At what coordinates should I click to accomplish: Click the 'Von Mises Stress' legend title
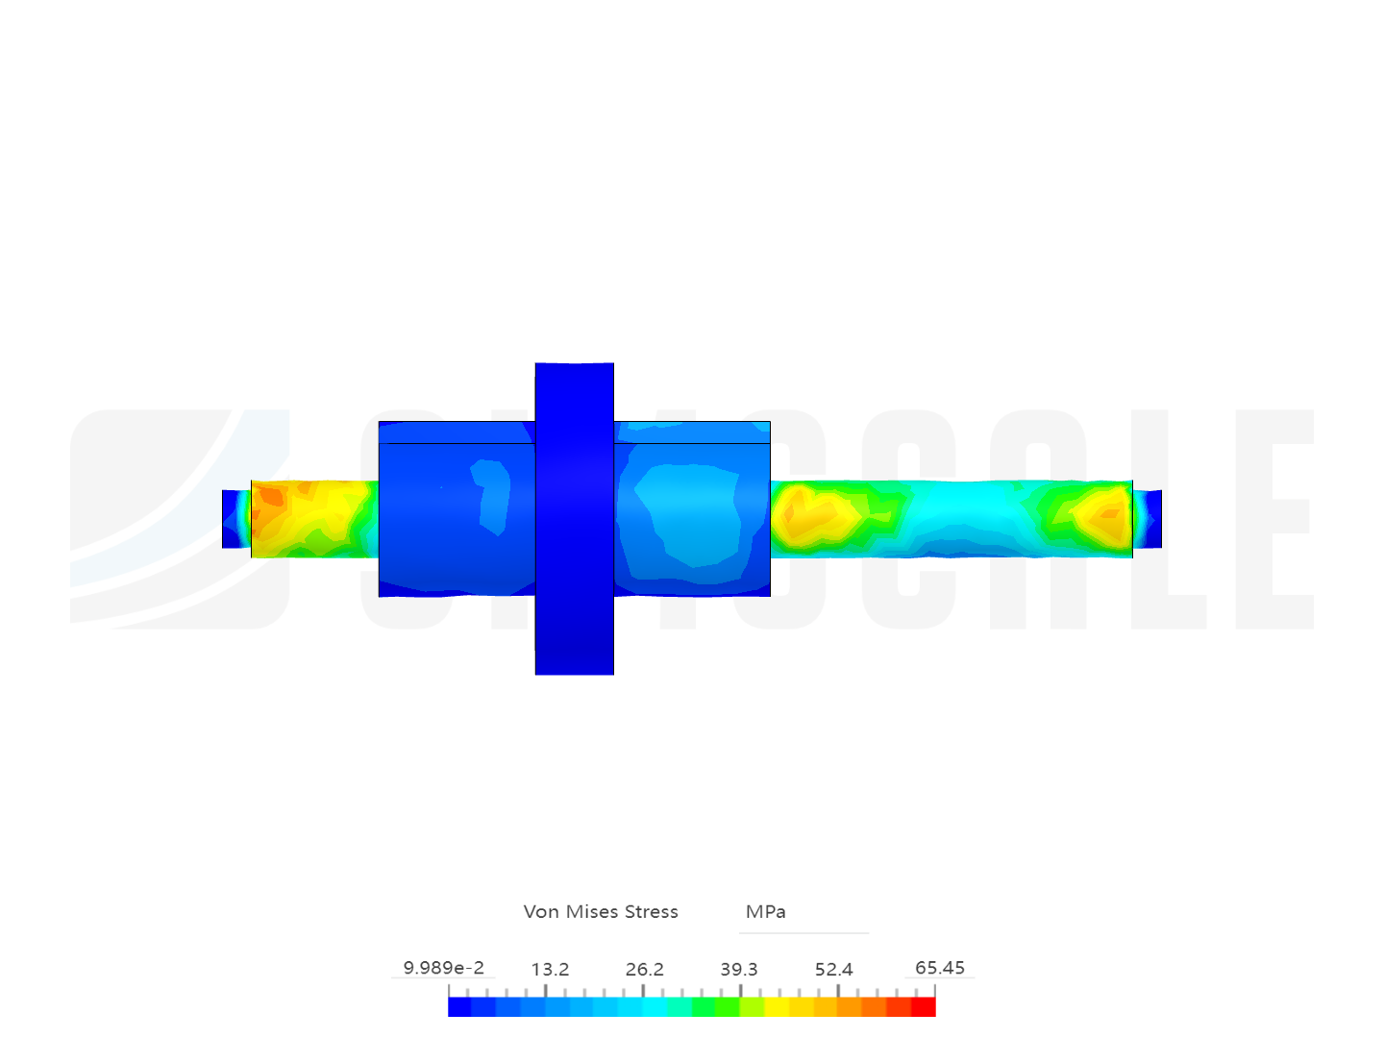(x=601, y=911)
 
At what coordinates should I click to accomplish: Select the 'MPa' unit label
(x=766, y=911)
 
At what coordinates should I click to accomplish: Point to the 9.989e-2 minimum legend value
(x=443, y=968)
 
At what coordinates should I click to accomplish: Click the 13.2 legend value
(x=550, y=970)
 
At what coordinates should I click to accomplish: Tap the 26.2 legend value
(x=644, y=970)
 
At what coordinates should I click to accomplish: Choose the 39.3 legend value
(x=739, y=970)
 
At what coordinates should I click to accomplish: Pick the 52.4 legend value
(x=833, y=970)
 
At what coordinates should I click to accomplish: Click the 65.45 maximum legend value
(x=939, y=968)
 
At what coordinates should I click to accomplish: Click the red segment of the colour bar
(x=924, y=1007)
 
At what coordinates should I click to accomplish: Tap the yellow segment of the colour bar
(x=777, y=1007)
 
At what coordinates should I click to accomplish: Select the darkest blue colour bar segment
(x=459, y=1007)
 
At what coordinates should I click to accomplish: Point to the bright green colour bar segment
(x=704, y=1007)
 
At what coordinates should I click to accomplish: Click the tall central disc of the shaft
(x=574, y=519)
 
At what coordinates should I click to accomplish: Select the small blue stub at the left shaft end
(x=231, y=519)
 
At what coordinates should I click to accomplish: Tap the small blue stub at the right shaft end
(x=1149, y=519)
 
